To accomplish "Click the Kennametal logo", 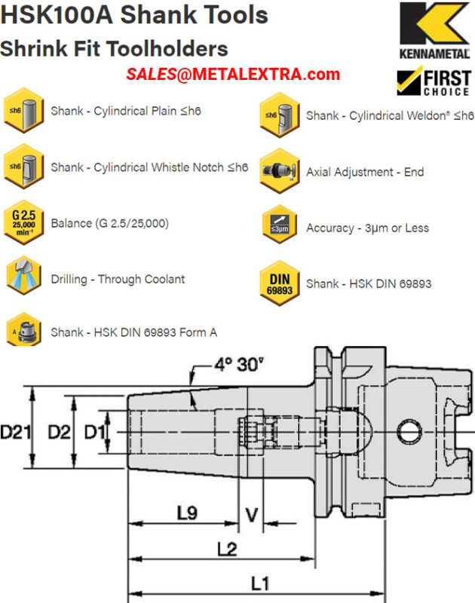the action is click(x=434, y=30).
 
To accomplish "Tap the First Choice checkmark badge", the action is click(x=434, y=81).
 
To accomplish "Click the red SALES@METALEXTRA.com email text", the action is click(x=233, y=74).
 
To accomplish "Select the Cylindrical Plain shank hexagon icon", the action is click(x=24, y=110).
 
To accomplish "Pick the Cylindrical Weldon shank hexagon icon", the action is click(x=280, y=115).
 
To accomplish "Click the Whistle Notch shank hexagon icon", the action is click(x=24, y=167).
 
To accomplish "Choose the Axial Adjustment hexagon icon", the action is click(x=280, y=171).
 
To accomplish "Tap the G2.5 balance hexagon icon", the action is click(x=24, y=222).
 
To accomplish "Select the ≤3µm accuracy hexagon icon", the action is click(x=280, y=225).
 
